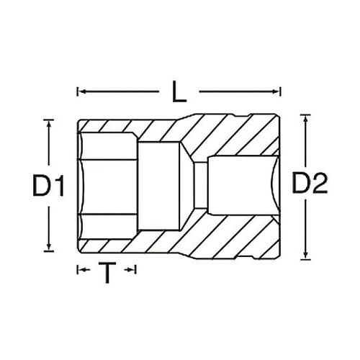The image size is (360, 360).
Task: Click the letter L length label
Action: pos(177,91)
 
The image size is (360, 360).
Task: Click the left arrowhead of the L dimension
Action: pos(80,92)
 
